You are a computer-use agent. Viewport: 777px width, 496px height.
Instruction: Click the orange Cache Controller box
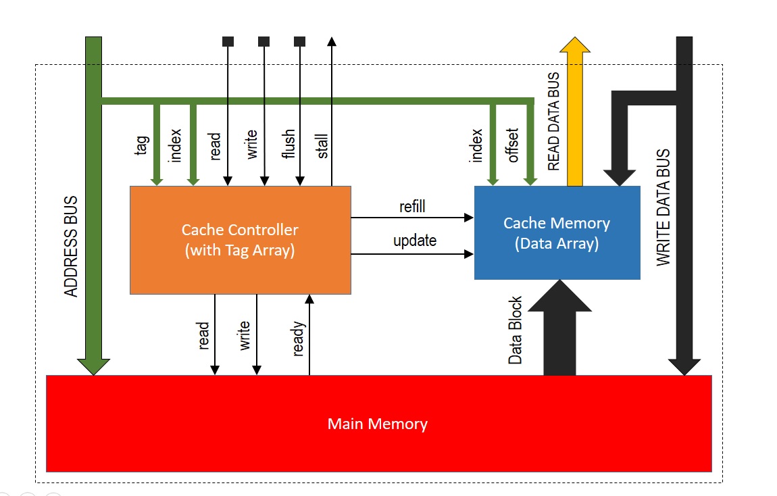click(240, 240)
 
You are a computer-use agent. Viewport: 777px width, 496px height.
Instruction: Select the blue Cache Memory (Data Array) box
click(557, 232)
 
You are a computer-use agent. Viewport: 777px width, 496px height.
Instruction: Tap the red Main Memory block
click(378, 424)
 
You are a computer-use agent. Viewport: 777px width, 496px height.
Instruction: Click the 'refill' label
click(412, 207)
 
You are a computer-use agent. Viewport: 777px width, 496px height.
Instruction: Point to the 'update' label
click(415, 241)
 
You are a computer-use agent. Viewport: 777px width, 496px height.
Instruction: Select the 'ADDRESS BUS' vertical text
click(72, 247)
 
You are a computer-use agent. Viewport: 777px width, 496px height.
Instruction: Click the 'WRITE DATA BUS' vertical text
click(664, 207)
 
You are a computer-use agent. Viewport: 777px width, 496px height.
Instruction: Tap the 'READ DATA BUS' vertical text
click(554, 122)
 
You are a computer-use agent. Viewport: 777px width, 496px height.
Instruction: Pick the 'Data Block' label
click(516, 330)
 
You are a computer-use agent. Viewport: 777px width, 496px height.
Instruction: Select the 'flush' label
click(289, 145)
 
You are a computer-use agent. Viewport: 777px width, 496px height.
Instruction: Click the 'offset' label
click(513, 145)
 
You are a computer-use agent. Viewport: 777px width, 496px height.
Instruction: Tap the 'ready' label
click(299, 339)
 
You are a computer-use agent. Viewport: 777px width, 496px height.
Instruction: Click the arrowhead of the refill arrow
click(468, 218)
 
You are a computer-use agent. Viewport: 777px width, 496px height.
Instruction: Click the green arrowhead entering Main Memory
click(94, 366)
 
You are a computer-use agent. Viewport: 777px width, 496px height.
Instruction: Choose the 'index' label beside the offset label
click(477, 145)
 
